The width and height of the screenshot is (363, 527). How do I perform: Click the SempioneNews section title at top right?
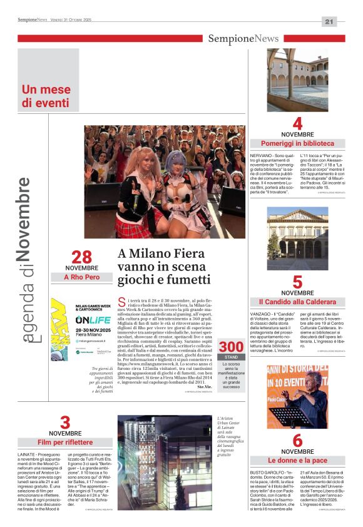[x=243, y=39]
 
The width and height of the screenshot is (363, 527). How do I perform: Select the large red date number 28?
[x=81, y=257]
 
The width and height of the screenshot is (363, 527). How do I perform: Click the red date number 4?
[x=297, y=123]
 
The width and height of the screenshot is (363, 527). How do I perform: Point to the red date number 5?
[x=297, y=282]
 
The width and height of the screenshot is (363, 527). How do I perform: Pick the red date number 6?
[x=297, y=441]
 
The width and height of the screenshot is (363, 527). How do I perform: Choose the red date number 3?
[x=65, y=422]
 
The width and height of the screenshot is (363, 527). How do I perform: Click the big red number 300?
[x=231, y=346]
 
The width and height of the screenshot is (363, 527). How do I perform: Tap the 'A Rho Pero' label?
[x=81, y=277]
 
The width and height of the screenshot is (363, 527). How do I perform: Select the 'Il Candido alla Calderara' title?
[x=297, y=302]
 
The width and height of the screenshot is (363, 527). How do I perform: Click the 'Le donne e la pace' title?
[x=297, y=461]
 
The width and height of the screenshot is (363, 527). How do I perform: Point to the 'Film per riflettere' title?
[x=65, y=443]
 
